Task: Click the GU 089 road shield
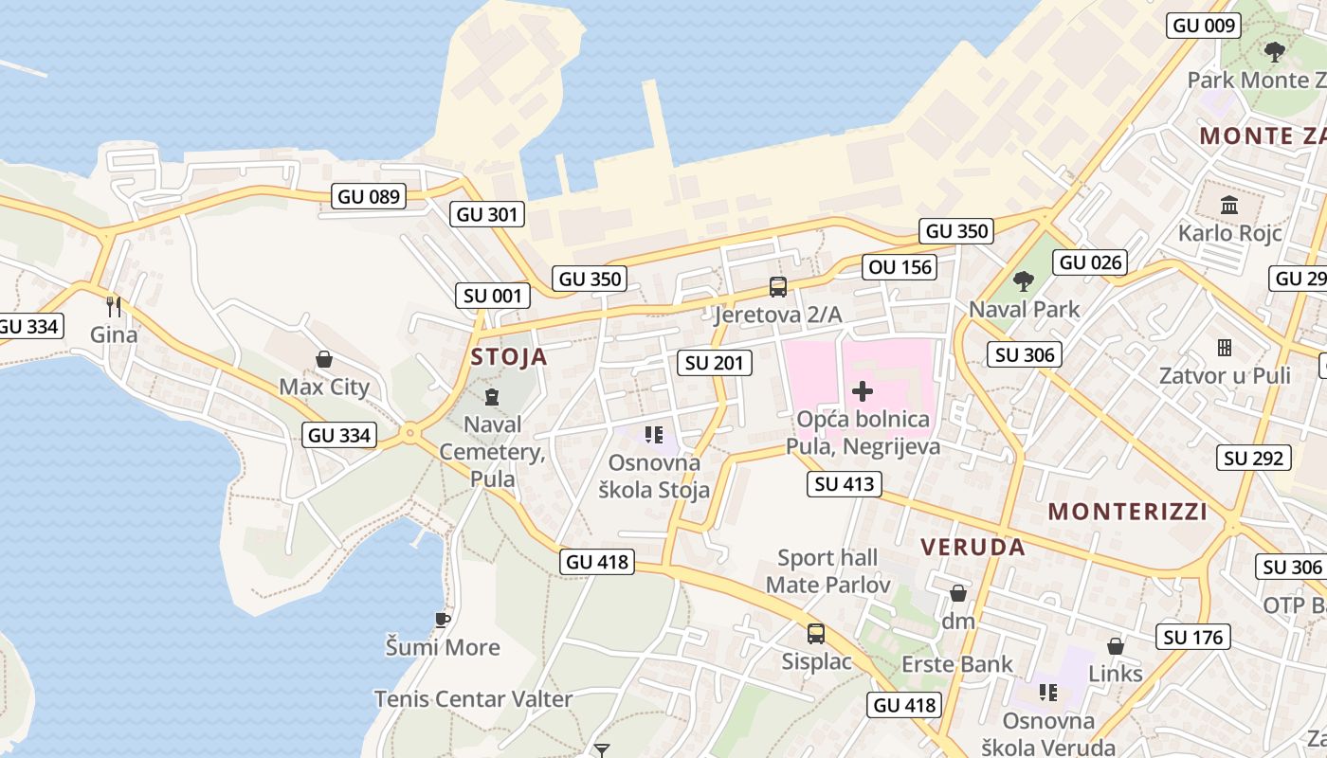point(370,197)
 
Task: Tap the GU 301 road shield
point(488,214)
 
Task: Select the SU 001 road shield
point(493,296)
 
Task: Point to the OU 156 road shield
point(900,267)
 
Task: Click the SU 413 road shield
point(845,484)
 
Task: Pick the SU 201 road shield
point(716,362)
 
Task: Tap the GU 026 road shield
point(1091,262)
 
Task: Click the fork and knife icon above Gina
point(114,306)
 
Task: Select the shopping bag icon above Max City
point(324,359)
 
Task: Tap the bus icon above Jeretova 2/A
point(777,286)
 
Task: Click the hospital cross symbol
point(863,390)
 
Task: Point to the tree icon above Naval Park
point(1023,280)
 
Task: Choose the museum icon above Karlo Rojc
point(1230,205)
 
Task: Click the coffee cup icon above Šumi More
point(442,620)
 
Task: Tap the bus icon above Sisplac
point(816,633)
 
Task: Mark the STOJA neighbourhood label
point(509,357)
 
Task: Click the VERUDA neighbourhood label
point(973,547)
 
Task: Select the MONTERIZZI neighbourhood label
point(1127,512)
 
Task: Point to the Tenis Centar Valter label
point(473,699)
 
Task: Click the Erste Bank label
point(957,664)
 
